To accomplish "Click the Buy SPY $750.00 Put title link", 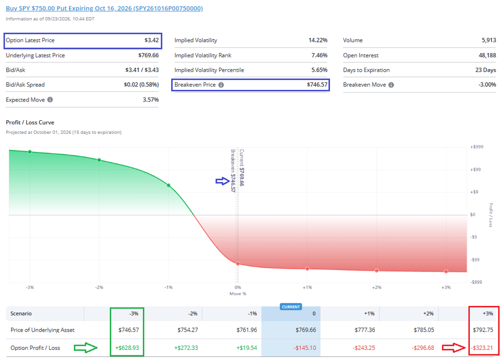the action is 104,9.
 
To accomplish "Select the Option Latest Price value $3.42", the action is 151,40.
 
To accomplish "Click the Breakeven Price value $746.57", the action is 317,85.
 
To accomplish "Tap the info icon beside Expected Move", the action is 50,100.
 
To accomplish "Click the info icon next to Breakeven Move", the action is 391,85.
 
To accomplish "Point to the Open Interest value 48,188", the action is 487,56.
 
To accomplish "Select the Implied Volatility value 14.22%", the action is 318,40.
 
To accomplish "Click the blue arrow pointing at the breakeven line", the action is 222,181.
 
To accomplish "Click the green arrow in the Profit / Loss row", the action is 85,348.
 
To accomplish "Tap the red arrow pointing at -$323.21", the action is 454,348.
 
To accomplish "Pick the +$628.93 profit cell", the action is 127,348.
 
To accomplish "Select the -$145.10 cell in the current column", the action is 305,348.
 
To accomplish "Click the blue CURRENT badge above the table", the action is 291,307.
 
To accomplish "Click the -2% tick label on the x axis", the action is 99,287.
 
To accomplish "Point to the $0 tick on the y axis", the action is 473,215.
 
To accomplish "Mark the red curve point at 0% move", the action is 238,264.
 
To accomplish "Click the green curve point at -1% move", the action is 169,185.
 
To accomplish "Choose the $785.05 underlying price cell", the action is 424,330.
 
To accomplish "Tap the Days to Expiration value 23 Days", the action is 486,70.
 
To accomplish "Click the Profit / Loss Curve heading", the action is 30,123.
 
